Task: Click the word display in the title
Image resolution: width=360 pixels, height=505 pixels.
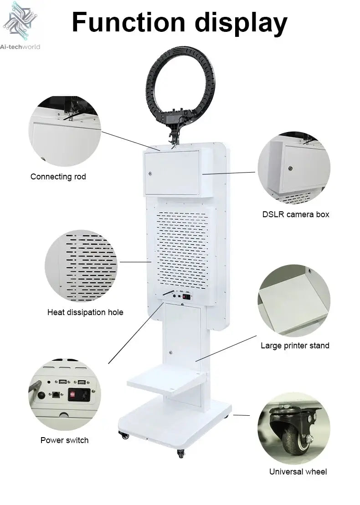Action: pos(241,24)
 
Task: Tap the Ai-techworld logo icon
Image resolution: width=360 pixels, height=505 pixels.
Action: pos(20,20)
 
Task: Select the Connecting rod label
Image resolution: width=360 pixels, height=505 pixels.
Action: pos(58,177)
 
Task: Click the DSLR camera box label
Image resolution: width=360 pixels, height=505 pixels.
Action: pos(296,214)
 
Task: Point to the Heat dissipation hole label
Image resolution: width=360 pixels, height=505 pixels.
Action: pos(85,312)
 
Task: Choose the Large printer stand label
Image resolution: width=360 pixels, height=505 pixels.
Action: pos(295,346)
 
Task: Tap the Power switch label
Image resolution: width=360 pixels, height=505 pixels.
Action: pos(64,440)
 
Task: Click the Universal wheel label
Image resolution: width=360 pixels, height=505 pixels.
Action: pos(298,471)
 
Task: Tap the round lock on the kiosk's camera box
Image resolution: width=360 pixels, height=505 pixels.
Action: pos(150,174)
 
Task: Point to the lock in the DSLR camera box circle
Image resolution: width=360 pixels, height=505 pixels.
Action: pos(291,168)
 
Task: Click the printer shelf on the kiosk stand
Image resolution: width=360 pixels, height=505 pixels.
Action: pos(166,381)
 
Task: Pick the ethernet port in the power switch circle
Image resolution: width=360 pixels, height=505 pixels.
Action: pos(56,394)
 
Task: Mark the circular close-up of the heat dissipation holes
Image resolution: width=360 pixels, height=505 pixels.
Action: pos(81,265)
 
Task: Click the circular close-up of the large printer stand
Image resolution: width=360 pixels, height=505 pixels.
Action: pos(294,301)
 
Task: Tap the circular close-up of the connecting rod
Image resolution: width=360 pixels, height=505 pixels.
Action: pos(65,132)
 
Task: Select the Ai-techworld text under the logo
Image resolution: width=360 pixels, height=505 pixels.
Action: pos(20,47)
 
